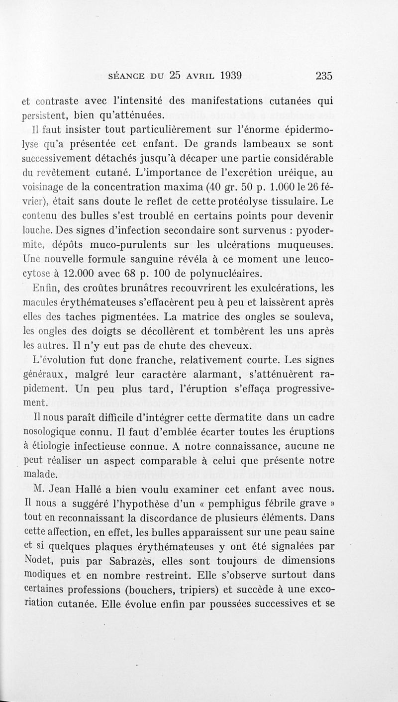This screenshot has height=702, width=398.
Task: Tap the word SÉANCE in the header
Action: coord(126,77)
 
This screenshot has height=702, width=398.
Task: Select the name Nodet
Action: coord(38,560)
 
